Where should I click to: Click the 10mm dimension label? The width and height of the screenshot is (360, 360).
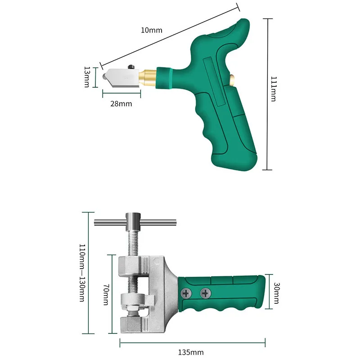(152, 30)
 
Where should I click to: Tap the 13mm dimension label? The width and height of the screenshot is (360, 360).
(87, 77)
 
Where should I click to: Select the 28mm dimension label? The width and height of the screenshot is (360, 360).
(121, 104)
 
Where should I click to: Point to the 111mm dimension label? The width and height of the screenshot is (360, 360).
(274, 89)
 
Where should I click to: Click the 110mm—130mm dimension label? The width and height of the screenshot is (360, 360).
(82, 273)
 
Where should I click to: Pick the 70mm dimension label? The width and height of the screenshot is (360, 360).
(106, 295)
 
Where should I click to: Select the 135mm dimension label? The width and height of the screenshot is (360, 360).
(191, 352)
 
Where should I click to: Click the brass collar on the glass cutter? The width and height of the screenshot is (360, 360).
(148, 77)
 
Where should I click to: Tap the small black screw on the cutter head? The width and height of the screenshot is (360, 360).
(131, 67)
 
